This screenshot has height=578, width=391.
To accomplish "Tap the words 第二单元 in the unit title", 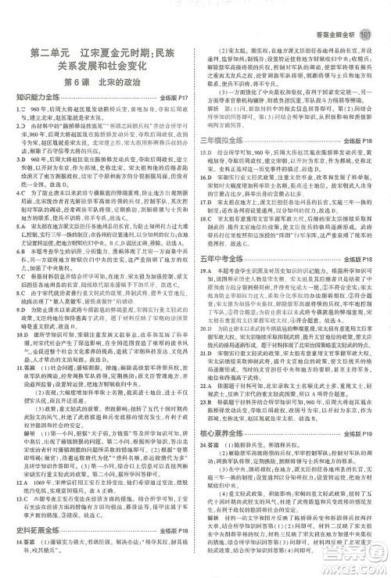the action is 49,54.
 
